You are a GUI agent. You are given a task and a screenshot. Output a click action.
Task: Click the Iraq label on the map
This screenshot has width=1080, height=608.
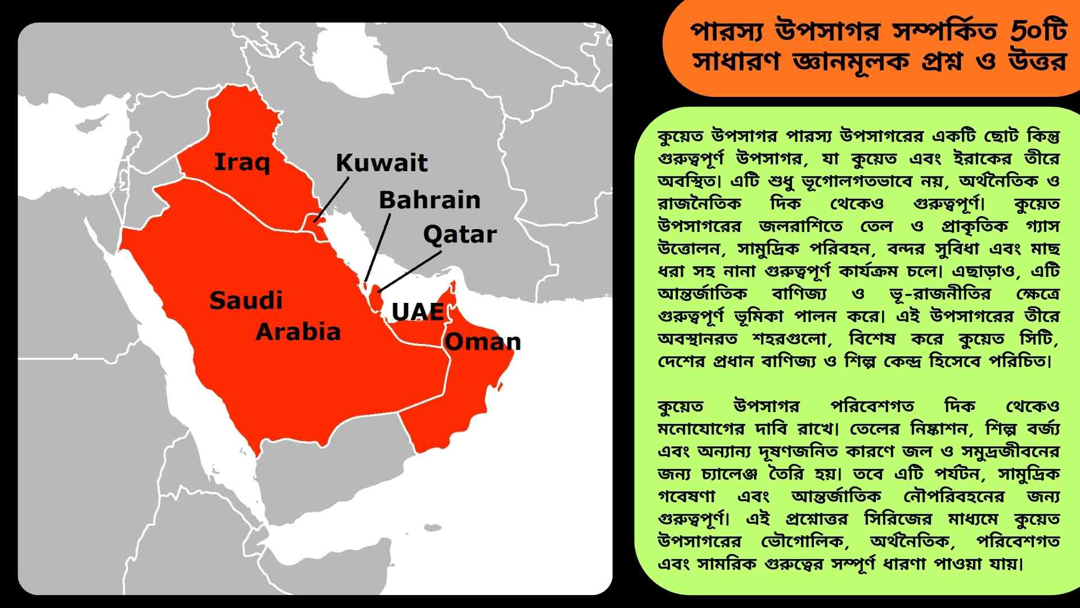[x=242, y=162]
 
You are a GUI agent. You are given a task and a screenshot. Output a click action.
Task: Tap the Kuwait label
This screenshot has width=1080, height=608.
[x=381, y=163]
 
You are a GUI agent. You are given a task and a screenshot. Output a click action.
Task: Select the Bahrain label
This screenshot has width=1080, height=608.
[x=430, y=200]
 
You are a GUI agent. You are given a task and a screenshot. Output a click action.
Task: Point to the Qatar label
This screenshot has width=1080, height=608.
[x=460, y=234]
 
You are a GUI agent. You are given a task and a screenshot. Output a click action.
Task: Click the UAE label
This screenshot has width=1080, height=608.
[x=417, y=311]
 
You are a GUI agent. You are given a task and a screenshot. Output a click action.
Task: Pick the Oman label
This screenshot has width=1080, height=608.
[x=483, y=342]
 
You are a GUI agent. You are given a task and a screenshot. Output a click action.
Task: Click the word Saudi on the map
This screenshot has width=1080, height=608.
[x=246, y=301]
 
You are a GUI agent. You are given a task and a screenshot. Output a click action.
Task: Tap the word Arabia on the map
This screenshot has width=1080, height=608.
[x=298, y=332]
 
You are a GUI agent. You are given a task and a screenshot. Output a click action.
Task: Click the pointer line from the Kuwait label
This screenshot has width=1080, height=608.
[x=332, y=199]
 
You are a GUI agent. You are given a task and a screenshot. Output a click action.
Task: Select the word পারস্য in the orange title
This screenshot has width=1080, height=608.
[x=726, y=32]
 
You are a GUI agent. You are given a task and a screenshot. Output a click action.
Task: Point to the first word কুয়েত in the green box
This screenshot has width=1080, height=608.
[x=680, y=136]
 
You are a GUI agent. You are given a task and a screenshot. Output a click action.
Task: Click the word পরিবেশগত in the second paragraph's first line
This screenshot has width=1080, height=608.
[x=872, y=406]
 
